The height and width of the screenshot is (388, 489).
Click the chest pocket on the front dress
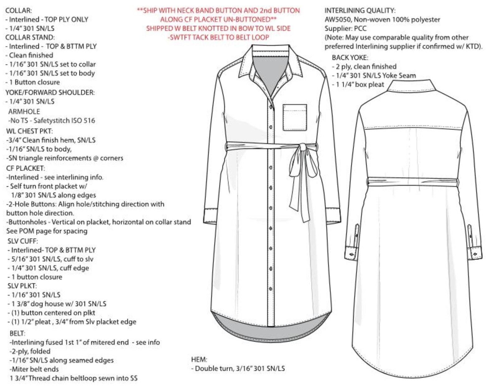click(295, 117)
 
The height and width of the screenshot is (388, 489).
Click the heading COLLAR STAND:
click(30, 37)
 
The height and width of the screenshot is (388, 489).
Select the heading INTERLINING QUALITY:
click(360, 11)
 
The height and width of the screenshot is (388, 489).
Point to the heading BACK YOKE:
click(350, 58)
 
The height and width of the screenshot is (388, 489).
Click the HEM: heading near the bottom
click(199, 360)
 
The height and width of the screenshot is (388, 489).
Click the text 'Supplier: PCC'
click(346, 29)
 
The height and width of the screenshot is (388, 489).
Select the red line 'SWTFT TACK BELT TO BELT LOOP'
click(218, 37)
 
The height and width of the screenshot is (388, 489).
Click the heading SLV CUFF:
click(23, 241)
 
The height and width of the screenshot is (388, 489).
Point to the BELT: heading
click(17, 333)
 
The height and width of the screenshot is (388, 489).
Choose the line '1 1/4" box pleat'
click(360, 85)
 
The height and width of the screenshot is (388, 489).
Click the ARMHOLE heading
click(24, 111)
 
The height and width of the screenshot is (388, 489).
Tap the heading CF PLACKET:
click(26, 168)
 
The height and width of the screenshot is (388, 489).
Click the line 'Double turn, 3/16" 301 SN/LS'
click(240, 369)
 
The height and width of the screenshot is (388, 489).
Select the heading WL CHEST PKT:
click(29, 131)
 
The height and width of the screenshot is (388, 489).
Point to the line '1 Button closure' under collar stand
click(34, 82)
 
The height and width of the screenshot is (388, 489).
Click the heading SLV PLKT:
click(22, 286)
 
